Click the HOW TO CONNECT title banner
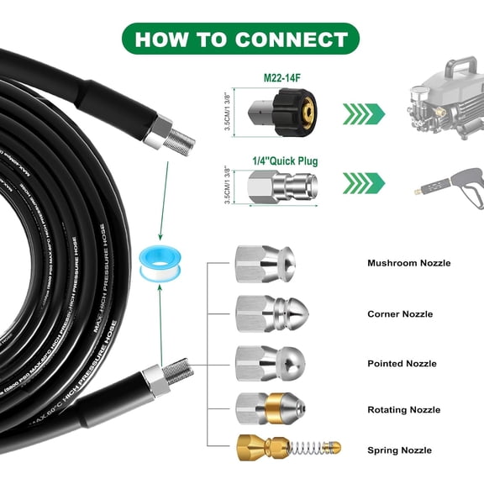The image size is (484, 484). tap(242, 39)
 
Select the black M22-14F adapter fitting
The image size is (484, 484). tap(282, 113)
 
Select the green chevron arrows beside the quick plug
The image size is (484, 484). tap(363, 181)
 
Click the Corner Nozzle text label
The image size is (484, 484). tap(400, 314)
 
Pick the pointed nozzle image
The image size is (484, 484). tap(264, 362)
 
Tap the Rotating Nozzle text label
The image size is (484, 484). tap(403, 410)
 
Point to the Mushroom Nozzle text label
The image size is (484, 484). tap(408, 264)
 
